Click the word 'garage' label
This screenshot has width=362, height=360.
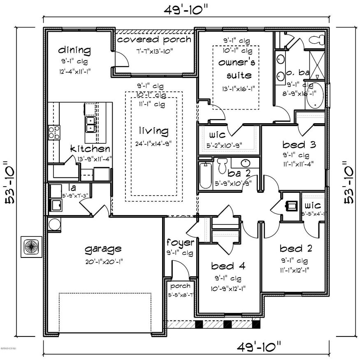(103, 248)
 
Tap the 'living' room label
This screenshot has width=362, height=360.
(153, 131)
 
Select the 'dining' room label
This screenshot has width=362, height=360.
(74, 50)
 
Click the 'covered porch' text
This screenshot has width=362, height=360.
(154, 40)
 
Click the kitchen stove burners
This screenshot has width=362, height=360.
(53, 132)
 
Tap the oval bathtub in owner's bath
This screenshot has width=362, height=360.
(315, 96)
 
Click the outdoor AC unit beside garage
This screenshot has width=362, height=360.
(31, 247)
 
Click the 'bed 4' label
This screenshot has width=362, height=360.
(228, 266)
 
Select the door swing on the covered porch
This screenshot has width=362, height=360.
(122, 60)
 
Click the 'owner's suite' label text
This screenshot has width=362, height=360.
(235, 69)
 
